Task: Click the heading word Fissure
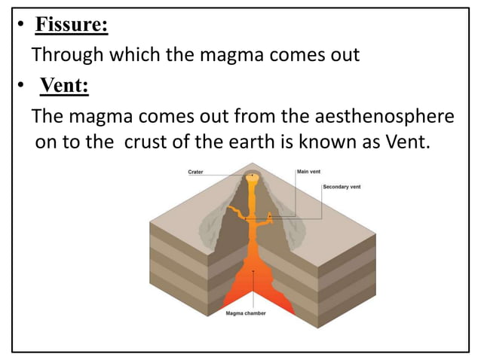coord(72,26)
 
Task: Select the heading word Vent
coord(64,87)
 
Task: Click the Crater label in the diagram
coord(195,172)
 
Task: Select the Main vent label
coord(309,171)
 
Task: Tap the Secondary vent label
coord(341,185)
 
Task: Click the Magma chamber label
coord(246,313)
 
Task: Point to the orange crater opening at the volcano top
coord(253,178)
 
